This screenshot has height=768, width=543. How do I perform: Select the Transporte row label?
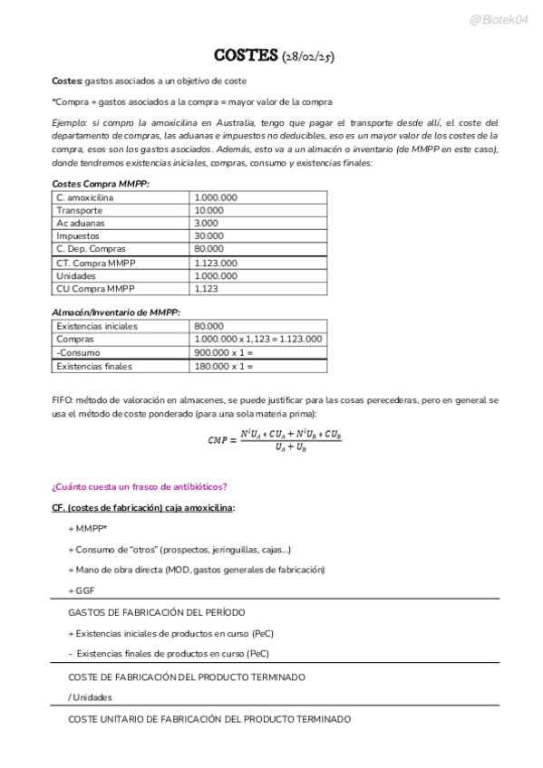click(79, 210)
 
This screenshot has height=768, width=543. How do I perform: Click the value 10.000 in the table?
click(209, 210)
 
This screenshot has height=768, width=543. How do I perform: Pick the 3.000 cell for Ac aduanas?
click(207, 223)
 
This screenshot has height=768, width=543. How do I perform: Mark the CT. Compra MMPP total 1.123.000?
click(216, 263)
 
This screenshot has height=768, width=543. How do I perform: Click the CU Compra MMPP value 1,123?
click(207, 289)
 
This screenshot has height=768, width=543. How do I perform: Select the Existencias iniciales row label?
click(97, 326)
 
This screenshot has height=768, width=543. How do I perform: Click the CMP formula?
click(273, 439)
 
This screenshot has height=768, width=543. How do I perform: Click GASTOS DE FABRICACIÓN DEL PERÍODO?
click(156, 613)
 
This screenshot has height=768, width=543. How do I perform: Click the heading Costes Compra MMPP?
click(101, 184)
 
